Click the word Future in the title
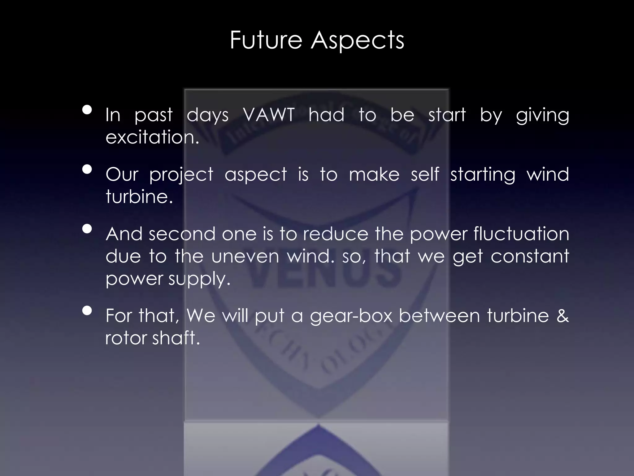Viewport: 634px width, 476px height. pos(266,40)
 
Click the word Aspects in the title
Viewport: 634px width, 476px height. pos(358,41)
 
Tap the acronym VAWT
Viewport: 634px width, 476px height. pos(269,115)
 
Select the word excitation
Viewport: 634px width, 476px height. pos(152,137)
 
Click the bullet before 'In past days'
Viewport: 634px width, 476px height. pos(87,110)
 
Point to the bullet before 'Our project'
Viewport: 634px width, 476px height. pos(87,169)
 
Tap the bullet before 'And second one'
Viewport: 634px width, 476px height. pos(87,229)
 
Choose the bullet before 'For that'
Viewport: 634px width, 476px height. pos(87,311)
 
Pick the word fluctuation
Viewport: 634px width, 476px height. pos(521,234)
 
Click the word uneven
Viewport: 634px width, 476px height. pos(245,257)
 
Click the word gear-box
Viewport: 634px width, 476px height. pos(351,316)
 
